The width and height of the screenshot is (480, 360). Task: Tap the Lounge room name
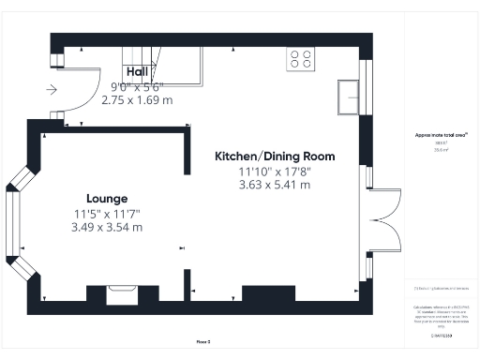click(x=107, y=199)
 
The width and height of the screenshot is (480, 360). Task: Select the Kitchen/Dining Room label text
click(x=275, y=156)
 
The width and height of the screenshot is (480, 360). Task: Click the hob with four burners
click(x=302, y=59)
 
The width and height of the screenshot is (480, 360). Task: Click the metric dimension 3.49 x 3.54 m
click(x=107, y=227)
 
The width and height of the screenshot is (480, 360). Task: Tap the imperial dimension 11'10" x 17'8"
click(x=275, y=171)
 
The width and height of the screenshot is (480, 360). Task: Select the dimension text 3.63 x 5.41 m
click(x=275, y=185)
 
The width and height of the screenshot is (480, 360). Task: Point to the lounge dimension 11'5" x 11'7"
click(x=107, y=214)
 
